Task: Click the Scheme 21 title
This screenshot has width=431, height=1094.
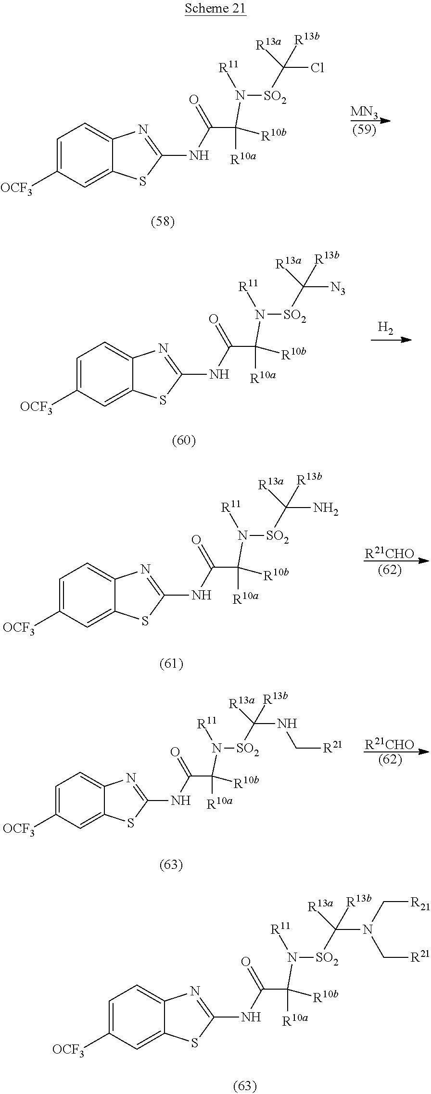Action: coord(215,9)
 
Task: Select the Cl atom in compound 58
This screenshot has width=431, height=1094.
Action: coord(317,68)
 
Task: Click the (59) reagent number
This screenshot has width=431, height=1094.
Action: coord(364,130)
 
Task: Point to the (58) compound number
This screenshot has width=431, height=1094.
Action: coord(163,222)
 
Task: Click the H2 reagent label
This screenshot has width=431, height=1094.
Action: coord(385,328)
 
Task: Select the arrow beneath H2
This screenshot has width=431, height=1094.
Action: coord(391,340)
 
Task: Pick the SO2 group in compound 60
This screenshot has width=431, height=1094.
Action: coord(295,317)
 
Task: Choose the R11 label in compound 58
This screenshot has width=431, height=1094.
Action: coord(228,66)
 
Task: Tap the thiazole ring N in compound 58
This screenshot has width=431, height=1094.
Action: coord(143,129)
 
